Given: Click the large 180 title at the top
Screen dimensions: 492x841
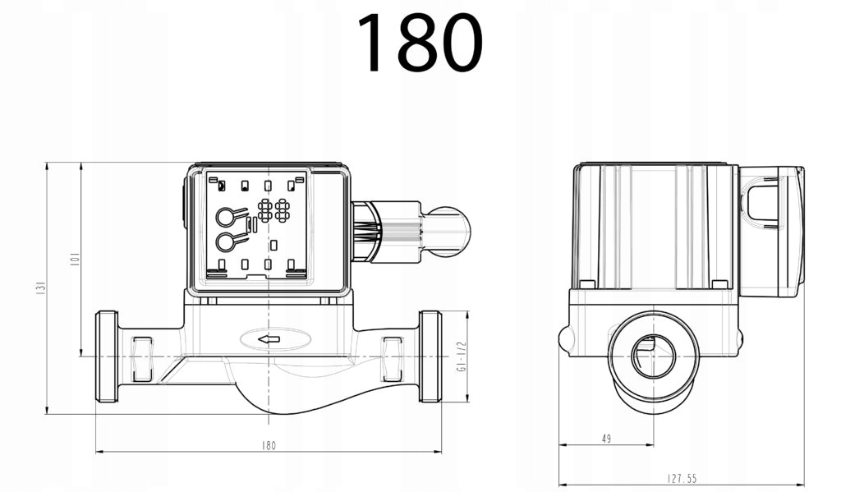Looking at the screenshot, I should click(x=420, y=43).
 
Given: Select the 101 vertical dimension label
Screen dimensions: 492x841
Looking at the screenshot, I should click(x=74, y=260).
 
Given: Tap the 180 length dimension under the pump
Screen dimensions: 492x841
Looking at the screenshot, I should click(x=269, y=445).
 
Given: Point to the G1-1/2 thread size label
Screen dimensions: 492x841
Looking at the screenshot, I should click(x=461, y=357).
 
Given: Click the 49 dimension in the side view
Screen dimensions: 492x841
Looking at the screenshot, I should click(x=606, y=439).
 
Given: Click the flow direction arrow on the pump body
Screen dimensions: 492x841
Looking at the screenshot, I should click(x=269, y=338).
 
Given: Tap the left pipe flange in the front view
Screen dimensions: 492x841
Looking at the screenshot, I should click(x=107, y=356).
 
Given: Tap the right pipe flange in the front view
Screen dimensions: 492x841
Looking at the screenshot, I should click(x=430, y=356).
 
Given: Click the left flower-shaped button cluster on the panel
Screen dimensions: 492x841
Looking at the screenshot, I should click(x=265, y=209).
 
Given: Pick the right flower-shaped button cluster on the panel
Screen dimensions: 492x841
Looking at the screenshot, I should click(x=283, y=209).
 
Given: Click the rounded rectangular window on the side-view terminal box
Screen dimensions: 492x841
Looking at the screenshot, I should click(x=763, y=203).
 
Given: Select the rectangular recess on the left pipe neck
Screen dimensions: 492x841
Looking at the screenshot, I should click(x=142, y=359).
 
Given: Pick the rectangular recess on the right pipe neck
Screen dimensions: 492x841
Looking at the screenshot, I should click(x=393, y=359).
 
